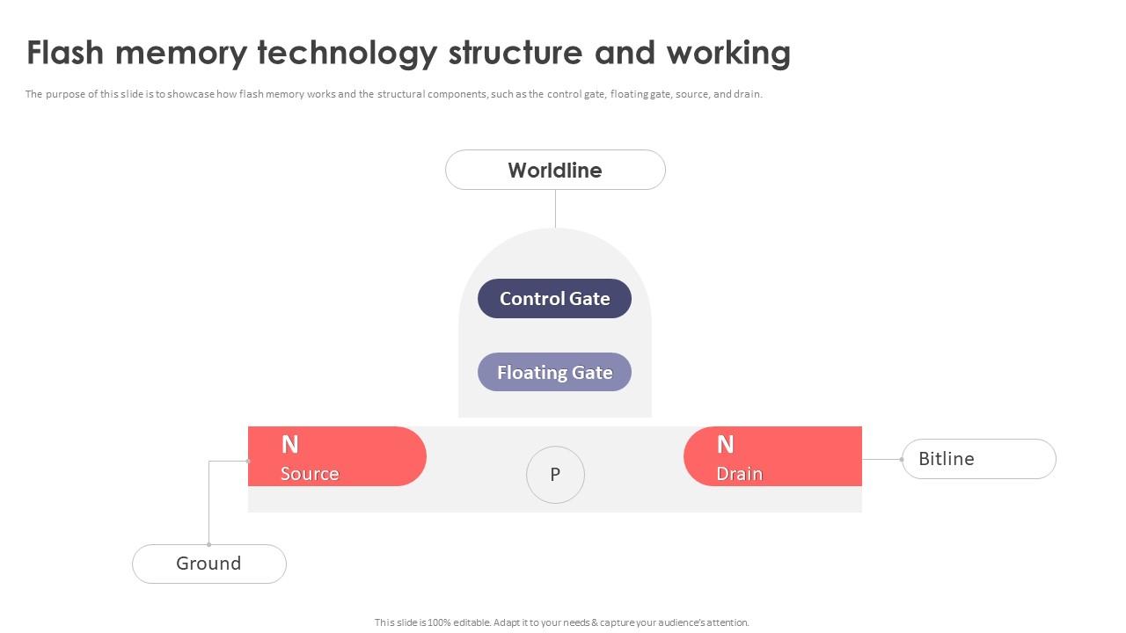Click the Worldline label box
(555, 170)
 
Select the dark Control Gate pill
(554, 299)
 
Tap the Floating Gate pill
(554, 373)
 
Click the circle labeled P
(555, 475)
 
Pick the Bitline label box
(978, 459)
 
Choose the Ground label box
(209, 564)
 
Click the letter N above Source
(289, 445)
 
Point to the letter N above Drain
(725, 445)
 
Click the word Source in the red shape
(310, 474)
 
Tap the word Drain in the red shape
(739, 474)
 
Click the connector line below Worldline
(555, 208)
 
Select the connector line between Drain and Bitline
(881, 459)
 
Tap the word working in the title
(728, 53)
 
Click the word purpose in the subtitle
(61, 94)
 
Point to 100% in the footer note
(440, 622)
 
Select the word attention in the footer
(728, 622)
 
